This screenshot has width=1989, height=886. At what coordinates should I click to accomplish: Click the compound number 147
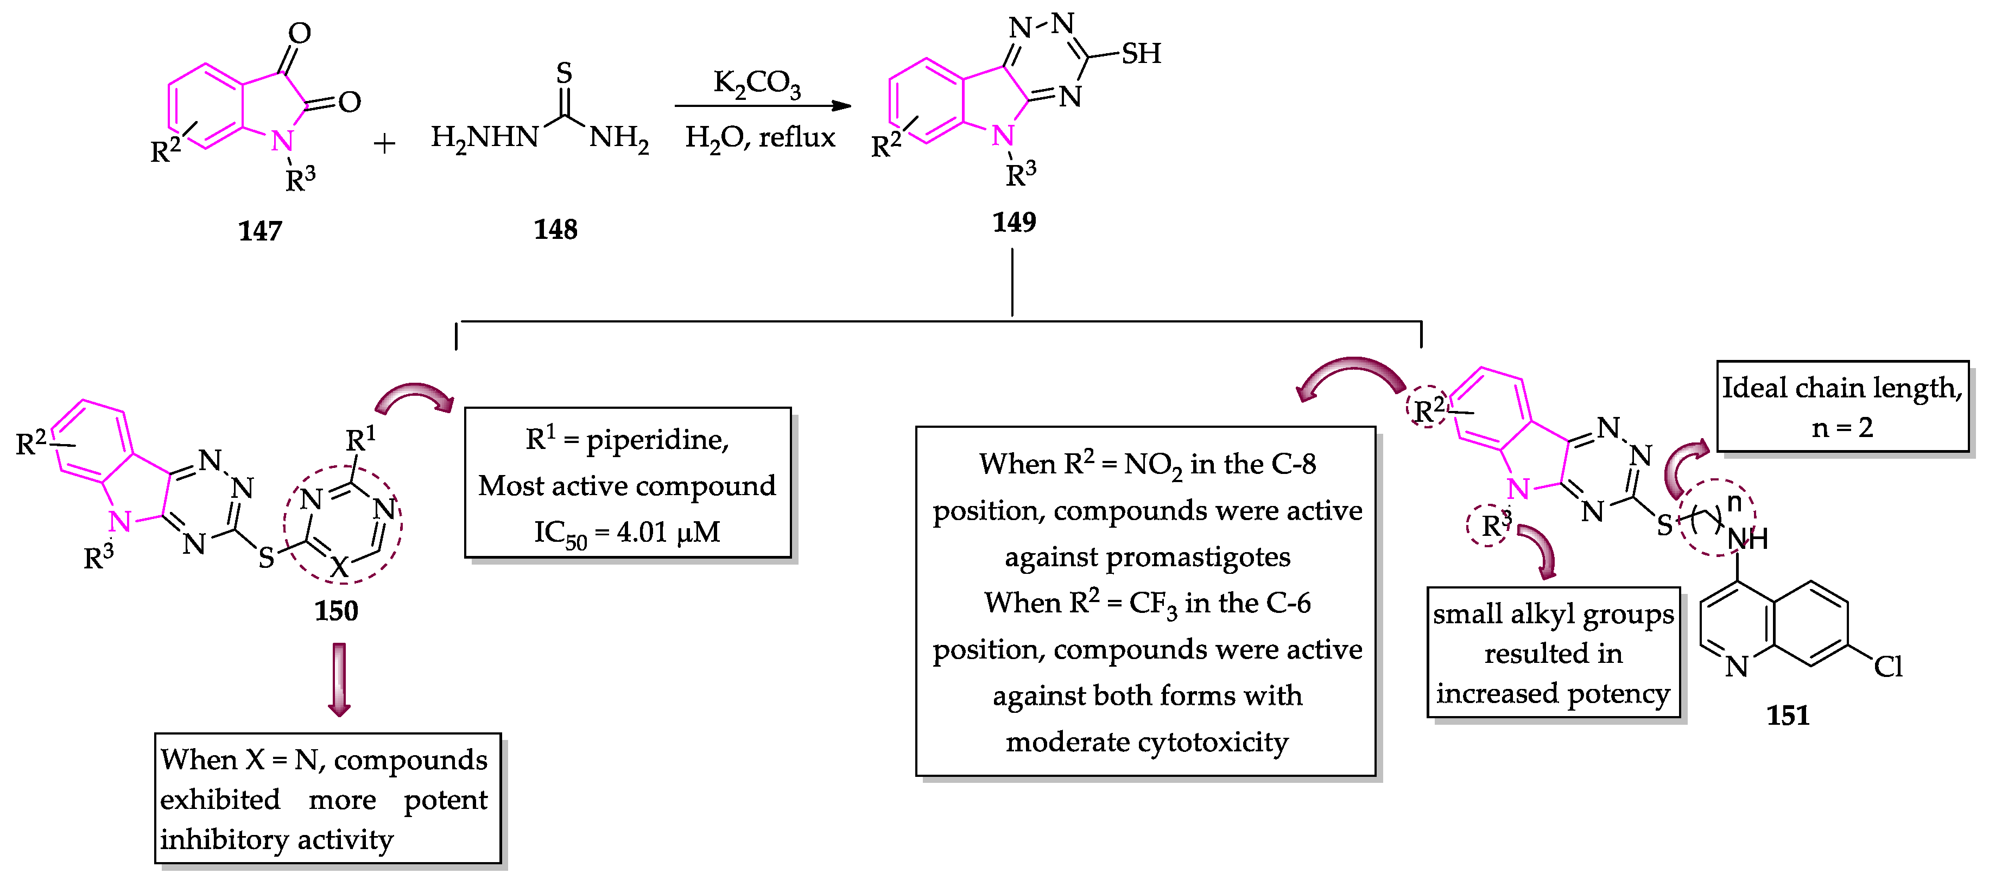260,231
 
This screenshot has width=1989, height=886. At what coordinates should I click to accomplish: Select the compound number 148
555,230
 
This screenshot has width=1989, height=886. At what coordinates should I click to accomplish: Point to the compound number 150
336,611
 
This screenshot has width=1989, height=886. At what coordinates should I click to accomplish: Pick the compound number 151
1788,716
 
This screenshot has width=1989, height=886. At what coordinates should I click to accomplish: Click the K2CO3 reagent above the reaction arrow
757,83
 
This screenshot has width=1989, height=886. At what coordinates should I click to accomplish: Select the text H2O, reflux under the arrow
760,137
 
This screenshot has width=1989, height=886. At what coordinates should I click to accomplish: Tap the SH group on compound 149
1141,53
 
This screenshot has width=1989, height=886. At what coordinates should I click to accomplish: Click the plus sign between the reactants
384,144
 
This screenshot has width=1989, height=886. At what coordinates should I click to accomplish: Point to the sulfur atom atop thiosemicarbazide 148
565,73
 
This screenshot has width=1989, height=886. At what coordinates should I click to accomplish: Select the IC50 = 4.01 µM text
627,532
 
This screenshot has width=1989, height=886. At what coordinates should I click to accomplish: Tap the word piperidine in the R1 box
656,440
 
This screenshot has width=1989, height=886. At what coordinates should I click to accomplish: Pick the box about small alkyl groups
1553,653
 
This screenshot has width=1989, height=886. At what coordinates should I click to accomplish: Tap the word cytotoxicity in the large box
1212,742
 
